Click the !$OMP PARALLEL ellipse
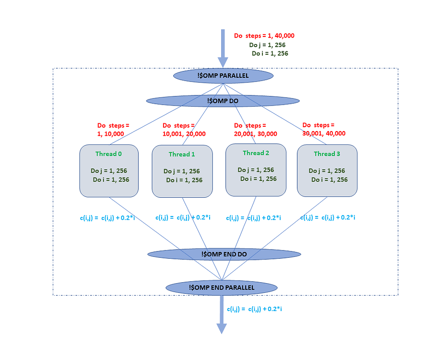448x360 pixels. [x=223, y=76]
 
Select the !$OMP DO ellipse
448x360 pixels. [x=223, y=101]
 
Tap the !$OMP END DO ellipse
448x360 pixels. [x=224, y=254]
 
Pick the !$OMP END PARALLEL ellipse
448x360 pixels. [x=222, y=287]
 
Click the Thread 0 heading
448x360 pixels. [x=108, y=154]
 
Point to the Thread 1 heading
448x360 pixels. [x=182, y=155]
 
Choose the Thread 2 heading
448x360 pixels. [x=256, y=153]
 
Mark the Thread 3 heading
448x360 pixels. [x=327, y=154]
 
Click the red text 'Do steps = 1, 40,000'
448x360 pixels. [x=264, y=36]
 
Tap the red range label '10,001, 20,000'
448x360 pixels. [x=184, y=134]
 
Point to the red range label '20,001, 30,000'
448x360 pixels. [x=255, y=134]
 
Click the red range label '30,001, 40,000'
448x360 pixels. [x=324, y=134]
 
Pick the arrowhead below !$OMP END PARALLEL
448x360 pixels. [x=222, y=328]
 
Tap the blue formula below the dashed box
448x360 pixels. [x=254, y=309]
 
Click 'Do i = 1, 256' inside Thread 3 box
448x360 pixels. [x=330, y=180]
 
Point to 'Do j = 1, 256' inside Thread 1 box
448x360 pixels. [x=181, y=171]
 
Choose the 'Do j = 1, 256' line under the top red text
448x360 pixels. [x=268, y=45]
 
